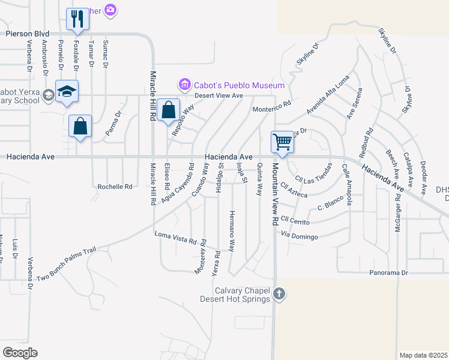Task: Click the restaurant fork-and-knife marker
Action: pyautogui.click(x=77, y=19)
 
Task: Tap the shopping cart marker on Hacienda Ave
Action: pyautogui.click(x=282, y=142)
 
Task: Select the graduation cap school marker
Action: pyautogui.click(x=67, y=92)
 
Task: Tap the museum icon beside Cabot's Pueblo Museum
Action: pyautogui.click(x=184, y=85)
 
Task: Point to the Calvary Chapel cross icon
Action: pyautogui.click(x=279, y=294)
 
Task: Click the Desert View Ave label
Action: pyautogui.click(x=218, y=95)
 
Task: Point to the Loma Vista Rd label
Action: pyautogui.click(x=176, y=238)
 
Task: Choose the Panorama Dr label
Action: pyautogui.click(x=388, y=273)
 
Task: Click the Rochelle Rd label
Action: pyautogui.click(x=115, y=187)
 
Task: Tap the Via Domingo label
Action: pyautogui.click(x=299, y=237)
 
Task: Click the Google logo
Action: pyautogui.click(x=20, y=352)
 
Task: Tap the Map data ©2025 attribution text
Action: pyautogui.click(x=423, y=355)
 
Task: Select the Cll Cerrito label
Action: pyautogui.click(x=295, y=221)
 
